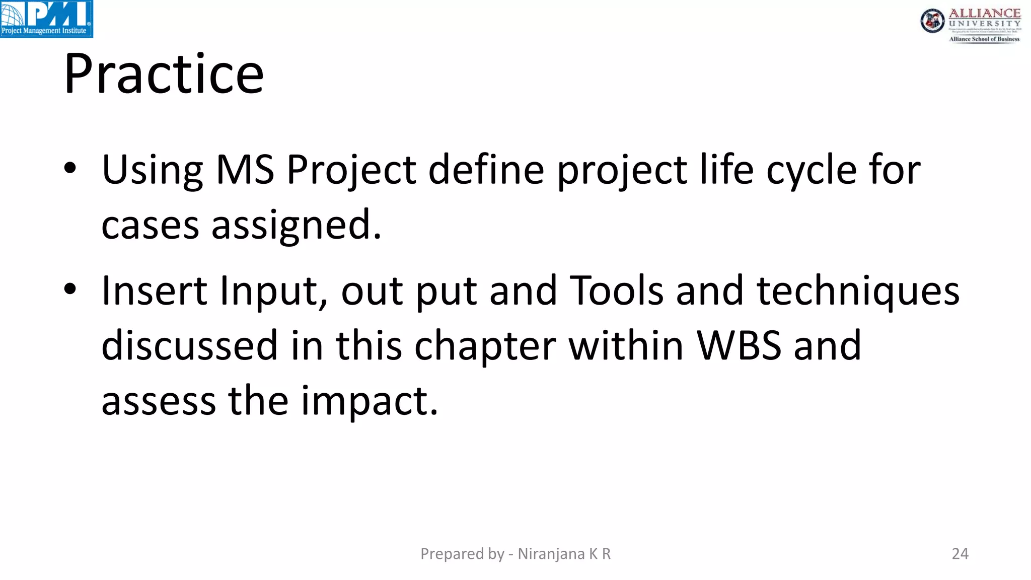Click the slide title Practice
tap(164, 74)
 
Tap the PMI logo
tap(46, 19)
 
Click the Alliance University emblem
tap(932, 21)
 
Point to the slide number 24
tap(960, 554)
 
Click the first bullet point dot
tap(70, 169)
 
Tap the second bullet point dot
tap(70, 289)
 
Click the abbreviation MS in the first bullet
tap(245, 170)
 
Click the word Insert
tap(155, 291)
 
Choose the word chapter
tap(485, 346)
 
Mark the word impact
tap(370, 401)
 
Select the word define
tap(486, 170)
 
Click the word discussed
tap(190, 345)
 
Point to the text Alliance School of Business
tap(984, 39)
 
